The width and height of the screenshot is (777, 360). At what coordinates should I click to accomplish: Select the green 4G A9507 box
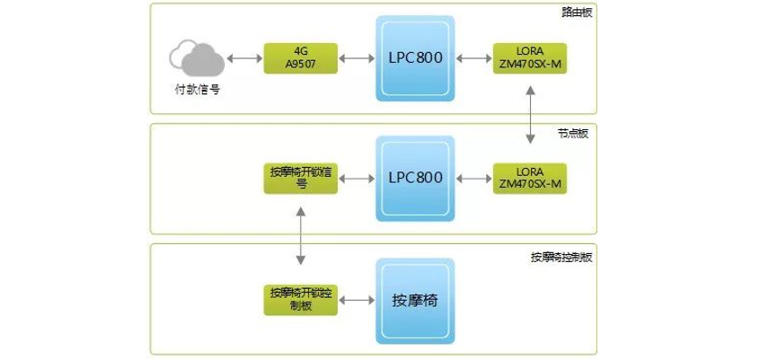point(301,58)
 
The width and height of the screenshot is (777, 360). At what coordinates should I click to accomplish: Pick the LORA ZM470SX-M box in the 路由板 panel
point(530,58)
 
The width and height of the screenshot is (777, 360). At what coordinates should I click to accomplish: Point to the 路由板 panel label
point(577,12)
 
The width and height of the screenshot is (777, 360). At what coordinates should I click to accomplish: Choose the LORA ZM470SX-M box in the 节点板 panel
point(530,178)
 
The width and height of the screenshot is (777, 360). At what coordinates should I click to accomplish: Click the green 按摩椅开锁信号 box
point(301,178)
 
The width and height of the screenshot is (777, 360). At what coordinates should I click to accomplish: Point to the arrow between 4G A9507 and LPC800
point(357,58)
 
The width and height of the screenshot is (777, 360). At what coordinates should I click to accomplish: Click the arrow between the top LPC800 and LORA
point(473,58)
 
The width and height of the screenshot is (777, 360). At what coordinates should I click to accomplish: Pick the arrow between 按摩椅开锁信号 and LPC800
point(357,178)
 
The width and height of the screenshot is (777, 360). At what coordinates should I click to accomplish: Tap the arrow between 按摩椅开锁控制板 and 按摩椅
point(357,299)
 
